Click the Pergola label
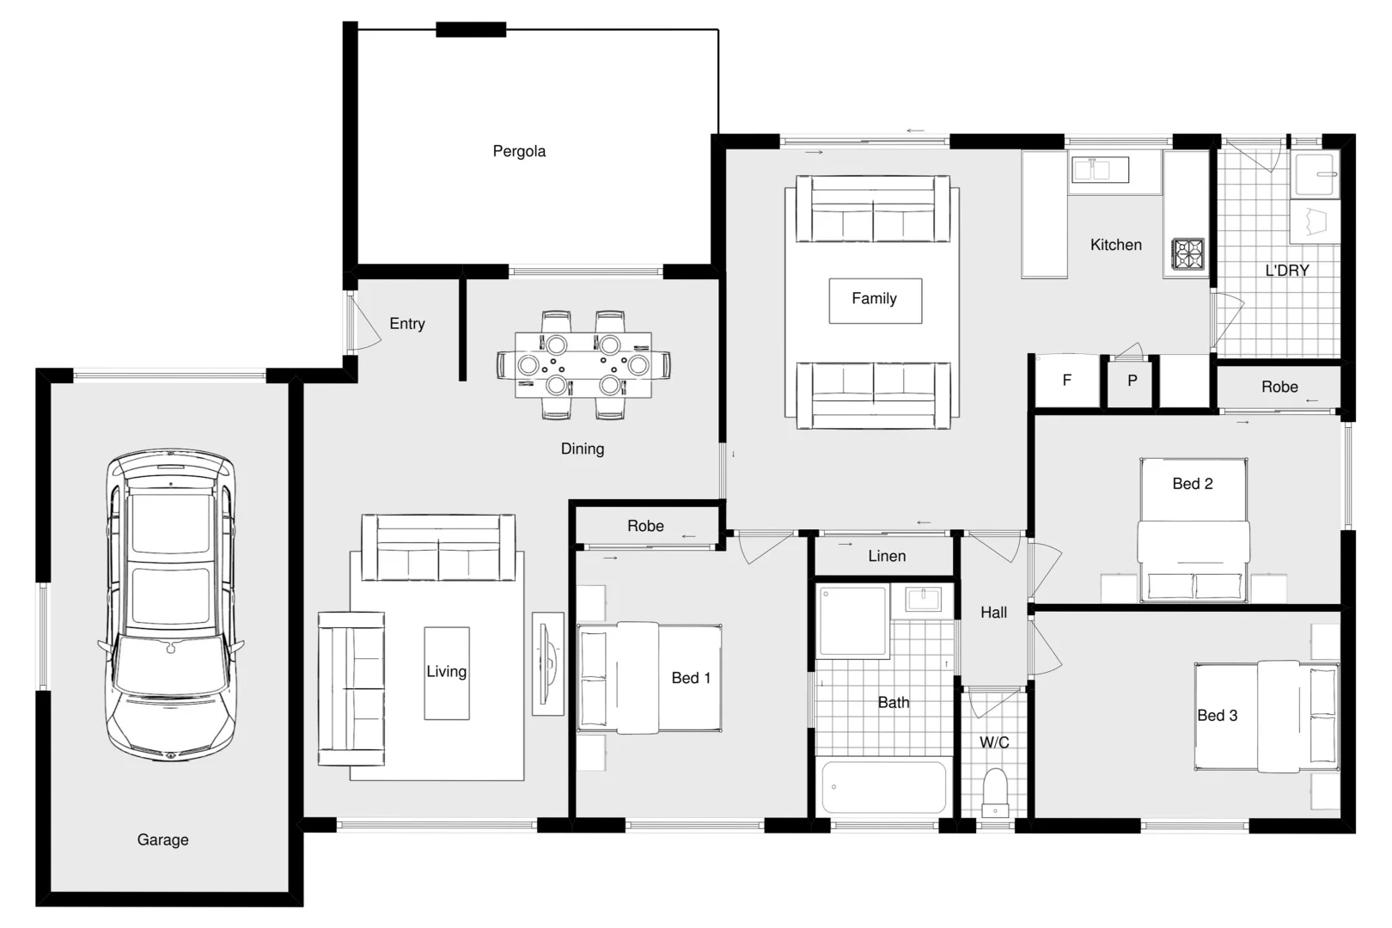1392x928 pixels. [519, 151]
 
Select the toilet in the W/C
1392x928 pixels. [995, 791]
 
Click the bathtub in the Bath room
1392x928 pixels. [884, 786]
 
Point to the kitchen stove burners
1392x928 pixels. [1188, 254]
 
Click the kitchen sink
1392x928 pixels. [1099, 170]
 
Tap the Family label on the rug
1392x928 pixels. [874, 299]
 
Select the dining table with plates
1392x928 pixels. [583, 365]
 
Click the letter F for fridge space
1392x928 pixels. [1066, 380]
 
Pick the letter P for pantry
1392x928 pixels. [1132, 381]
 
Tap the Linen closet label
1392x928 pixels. [887, 556]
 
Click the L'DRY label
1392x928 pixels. [1286, 271]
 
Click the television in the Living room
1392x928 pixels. [547, 662]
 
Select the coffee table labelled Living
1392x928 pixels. [447, 673]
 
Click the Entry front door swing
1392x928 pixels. [365, 322]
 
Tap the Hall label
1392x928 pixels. [993, 613]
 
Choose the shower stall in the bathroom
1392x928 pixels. [852, 622]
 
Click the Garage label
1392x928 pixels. [162, 840]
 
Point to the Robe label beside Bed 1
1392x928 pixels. [645, 526]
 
